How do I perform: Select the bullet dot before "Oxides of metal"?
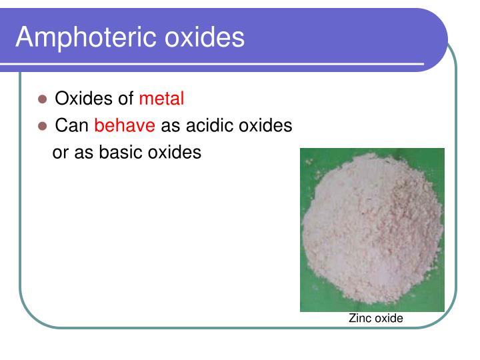coord(43,99)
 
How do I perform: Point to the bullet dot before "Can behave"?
coord(43,126)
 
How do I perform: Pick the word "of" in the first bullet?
coord(126,99)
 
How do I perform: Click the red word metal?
coord(161,99)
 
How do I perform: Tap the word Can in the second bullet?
coord(71,125)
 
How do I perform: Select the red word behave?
coord(125,125)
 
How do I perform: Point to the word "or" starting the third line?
coord(60,153)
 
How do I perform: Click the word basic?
coord(122,152)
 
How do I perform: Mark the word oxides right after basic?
coord(175,152)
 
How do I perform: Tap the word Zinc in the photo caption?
coord(360,319)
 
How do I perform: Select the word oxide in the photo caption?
coord(389,319)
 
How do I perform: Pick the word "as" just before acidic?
coord(170,126)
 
